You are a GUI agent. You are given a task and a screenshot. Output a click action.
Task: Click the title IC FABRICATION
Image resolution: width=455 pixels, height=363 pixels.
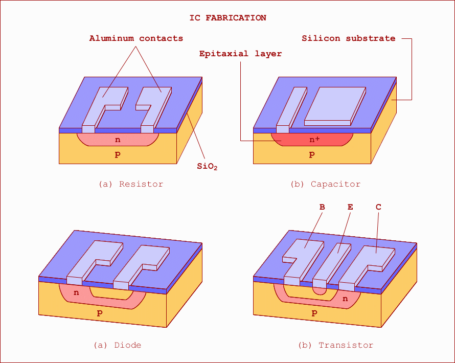click(228, 18)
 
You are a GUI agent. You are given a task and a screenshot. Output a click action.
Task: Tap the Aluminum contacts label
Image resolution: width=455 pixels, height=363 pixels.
click(136, 38)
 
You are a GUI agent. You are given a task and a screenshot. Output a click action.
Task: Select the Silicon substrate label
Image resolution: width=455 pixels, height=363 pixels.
click(349, 38)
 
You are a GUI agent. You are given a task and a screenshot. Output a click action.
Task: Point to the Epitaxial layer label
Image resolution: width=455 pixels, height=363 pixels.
click(240, 54)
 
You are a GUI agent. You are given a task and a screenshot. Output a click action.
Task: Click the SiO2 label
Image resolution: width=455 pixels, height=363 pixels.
click(207, 167)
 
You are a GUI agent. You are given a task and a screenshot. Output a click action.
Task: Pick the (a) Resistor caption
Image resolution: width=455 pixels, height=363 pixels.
click(131, 184)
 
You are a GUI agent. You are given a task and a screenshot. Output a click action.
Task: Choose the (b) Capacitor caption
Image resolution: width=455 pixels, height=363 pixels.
click(325, 184)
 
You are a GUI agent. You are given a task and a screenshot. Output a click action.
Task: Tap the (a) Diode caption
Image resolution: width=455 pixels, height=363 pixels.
click(117, 345)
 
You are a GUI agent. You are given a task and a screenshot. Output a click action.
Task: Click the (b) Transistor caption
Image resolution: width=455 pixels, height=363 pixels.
click(335, 345)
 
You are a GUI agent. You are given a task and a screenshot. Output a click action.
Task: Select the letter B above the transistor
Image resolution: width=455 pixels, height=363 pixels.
click(322, 207)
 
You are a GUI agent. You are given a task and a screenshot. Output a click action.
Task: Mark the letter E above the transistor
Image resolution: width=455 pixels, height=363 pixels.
click(350, 207)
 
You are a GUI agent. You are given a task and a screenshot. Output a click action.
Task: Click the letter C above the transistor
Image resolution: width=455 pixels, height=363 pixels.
click(378, 207)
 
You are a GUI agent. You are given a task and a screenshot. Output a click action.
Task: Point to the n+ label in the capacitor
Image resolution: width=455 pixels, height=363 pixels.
click(314, 140)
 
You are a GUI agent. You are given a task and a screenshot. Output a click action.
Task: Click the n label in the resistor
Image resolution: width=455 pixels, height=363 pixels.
click(118, 140)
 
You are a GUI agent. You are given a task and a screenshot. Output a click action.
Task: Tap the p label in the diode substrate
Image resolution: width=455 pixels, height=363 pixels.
click(100, 313)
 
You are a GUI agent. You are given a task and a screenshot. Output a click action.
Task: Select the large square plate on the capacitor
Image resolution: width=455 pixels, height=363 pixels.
click(335, 106)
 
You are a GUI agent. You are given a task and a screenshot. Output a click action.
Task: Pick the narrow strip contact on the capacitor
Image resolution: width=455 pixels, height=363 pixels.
click(291, 110)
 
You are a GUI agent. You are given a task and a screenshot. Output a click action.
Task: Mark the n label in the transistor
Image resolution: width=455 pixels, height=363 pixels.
click(345, 299)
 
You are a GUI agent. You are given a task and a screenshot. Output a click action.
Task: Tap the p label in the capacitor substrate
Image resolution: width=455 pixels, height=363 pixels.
click(312, 154)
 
